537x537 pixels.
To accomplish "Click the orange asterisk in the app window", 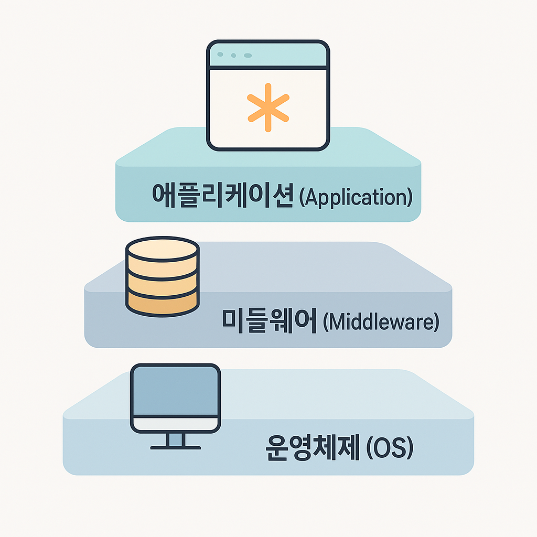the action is (x=268, y=108).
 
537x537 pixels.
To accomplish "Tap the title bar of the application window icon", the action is (x=268, y=55).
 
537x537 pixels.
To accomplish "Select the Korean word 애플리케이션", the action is (x=222, y=196).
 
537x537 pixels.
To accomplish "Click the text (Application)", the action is (x=356, y=198).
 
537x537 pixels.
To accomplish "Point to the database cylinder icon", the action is (x=163, y=277).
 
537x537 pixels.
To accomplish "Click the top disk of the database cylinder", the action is (x=163, y=249).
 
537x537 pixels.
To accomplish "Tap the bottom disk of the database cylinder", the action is (x=163, y=303).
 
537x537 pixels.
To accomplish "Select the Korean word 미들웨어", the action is (x=269, y=321).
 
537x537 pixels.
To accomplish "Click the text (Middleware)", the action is (x=381, y=322).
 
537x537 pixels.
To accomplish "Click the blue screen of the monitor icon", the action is (x=175, y=390).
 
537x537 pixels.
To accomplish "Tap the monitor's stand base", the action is (x=175, y=447).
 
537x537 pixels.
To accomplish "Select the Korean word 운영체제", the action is (x=313, y=448).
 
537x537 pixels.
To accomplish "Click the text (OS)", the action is (x=390, y=448).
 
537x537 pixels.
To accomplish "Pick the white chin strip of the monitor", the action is (x=175, y=424).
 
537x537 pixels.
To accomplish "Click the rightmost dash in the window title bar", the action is (x=248, y=56).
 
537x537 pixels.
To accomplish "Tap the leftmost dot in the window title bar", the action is (x=220, y=55).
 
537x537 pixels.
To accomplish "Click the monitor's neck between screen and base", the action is (x=175, y=439).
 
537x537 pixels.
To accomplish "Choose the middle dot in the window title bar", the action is (x=233, y=56).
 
